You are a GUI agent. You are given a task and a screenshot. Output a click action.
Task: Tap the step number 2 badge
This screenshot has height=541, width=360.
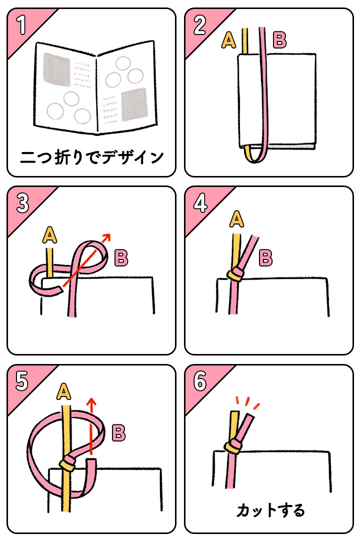click(x=199, y=25)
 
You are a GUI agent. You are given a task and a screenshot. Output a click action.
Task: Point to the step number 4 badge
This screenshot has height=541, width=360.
click(x=199, y=203)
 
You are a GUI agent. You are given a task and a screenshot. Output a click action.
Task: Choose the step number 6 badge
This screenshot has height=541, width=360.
click(x=199, y=381)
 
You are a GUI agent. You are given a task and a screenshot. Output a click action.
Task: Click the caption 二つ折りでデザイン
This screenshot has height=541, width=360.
click(x=91, y=157)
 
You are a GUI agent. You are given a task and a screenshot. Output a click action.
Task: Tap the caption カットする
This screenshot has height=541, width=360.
click(x=270, y=510)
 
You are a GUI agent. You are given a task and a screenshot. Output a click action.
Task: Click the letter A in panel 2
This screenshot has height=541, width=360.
click(x=228, y=40)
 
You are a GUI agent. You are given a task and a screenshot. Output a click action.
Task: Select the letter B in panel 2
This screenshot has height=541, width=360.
click(x=279, y=40)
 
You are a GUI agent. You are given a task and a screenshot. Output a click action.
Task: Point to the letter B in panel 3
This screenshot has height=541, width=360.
click(x=121, y=258)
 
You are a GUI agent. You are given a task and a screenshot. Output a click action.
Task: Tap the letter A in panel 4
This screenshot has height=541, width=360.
click(x=237, y=218)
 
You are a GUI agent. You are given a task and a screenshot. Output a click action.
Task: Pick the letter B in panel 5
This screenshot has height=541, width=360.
click(x=118, y=432)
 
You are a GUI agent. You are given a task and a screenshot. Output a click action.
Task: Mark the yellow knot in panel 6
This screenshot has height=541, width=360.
click(x=232, y=446)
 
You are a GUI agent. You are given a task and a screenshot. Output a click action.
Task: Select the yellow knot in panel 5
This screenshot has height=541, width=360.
click(x=67, y=464)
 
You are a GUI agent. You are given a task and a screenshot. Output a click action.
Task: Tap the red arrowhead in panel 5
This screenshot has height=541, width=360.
click(x=91, y=401)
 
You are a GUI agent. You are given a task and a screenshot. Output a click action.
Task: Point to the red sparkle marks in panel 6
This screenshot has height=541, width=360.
click(x=247, y=402)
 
